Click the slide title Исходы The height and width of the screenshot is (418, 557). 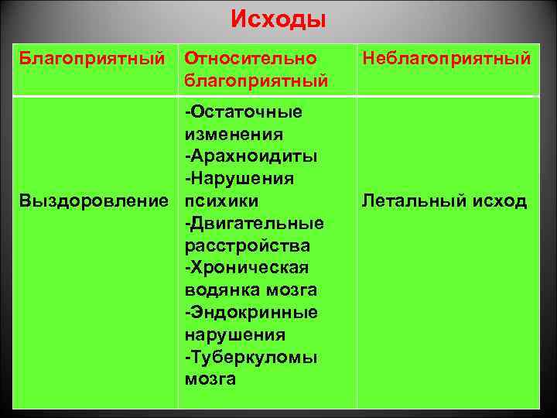coord(278,19)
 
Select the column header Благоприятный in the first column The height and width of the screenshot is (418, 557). coord(92,59)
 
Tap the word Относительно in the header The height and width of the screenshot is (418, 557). coord(251,59)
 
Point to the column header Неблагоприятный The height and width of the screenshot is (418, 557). coord(446,59)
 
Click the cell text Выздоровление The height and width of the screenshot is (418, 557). coord(94,201)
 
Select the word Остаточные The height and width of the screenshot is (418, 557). coord(246,112)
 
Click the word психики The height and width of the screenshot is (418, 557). coord(222,201)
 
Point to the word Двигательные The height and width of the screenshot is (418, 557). coord(256,224)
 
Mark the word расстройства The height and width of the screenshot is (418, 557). coord(248,246)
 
